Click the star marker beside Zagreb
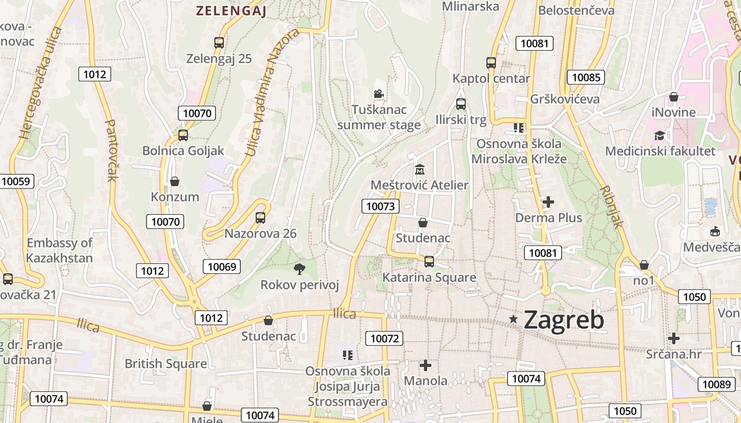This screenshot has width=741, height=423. pos(513,319)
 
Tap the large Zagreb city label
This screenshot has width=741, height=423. pos(564,320)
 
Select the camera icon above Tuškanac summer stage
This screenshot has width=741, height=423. pos(378,94)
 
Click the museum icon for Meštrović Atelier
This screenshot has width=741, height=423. pos(420,170)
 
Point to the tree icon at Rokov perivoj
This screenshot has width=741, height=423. pos(299,269)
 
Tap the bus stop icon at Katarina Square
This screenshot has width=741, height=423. pos(429,261)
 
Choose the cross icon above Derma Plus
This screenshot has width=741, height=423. pos(548,201)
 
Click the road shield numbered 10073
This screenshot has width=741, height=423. pos(381,206)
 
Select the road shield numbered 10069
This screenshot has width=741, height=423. pos(222,266)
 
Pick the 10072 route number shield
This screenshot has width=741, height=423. pos(385,338)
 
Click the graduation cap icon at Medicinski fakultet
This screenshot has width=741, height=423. pos(659,136)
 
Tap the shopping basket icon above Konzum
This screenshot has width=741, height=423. pos(175,181)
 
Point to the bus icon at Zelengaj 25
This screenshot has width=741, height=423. pos(219,43)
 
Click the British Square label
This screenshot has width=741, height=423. pos(166,364)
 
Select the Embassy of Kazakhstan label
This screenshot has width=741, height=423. pos(59,251)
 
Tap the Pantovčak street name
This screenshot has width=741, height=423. pos(111,150)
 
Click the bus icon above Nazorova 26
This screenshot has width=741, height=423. pos(260,217)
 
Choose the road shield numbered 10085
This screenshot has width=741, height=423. pos(586,77)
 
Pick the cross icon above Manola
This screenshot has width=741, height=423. pos(426,365)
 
